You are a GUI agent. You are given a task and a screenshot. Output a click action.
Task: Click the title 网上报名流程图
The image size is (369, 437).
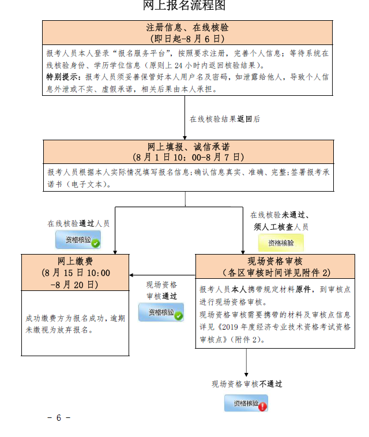point(184,6)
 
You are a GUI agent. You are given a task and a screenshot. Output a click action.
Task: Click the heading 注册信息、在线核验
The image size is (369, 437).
point(187,27)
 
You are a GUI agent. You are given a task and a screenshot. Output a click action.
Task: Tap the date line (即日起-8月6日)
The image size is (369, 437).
point(187,39)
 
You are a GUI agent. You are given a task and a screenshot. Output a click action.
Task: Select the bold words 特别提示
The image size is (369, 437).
point(64,77)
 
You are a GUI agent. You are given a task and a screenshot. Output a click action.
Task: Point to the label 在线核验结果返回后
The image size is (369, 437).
point(225,119)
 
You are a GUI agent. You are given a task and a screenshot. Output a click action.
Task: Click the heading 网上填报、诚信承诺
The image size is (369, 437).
point(187,147)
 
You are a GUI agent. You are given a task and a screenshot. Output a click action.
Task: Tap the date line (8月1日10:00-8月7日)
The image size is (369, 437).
point(187,157)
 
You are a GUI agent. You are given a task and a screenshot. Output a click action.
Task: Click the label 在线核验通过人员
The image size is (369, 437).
point(78,223)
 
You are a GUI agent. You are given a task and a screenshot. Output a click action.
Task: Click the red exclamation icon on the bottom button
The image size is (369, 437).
point(262,406)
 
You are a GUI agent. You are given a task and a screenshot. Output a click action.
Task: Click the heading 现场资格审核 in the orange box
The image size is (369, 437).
point(275,261)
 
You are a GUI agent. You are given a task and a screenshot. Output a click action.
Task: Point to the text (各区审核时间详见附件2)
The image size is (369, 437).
point(275,272)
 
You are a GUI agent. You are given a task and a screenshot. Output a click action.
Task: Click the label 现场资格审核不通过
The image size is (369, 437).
point(247,384)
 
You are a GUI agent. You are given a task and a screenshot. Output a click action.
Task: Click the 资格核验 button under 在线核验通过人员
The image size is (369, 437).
point(78,240)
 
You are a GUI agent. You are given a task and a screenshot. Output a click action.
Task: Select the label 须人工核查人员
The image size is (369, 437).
point(281,227)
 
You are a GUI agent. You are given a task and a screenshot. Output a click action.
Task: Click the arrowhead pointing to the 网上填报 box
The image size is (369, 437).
point(185,137)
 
